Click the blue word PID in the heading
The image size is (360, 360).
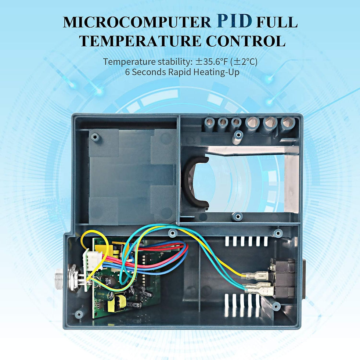pyautogui.click(x=234, y=22)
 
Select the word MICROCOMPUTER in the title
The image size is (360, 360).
pyautogui.click(x=137, y=22)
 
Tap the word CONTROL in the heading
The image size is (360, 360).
pyautogui.click(x=245, y=41)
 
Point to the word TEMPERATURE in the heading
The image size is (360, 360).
pyautogui.click(x=140, y=41)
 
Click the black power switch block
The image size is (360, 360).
pyautogui.click(x=283, y=279)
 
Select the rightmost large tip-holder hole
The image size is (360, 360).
pyautogui.click(x=287, y=125)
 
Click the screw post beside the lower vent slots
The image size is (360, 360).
pyautogui.click(x=276, y=306)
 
